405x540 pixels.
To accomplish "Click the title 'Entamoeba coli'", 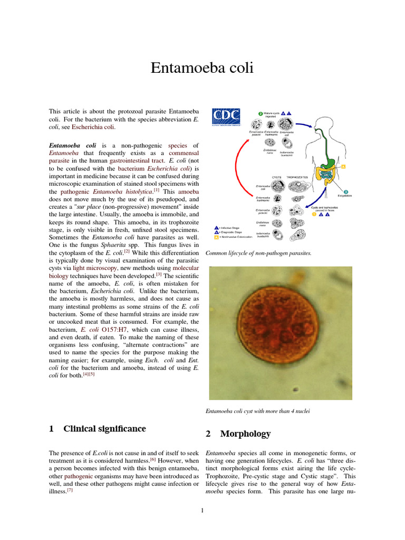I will tap(202, 68).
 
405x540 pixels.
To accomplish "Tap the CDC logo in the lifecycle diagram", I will tap(226, 117).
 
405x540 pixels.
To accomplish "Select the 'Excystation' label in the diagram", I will tap(345, 196).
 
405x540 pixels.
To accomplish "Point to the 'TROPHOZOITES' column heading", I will tap(298, 177).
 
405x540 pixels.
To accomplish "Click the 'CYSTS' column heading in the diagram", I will tap(277, 177).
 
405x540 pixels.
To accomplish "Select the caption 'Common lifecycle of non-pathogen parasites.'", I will tap(258, 253).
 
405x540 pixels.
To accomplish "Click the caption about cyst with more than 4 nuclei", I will tap(257, 411).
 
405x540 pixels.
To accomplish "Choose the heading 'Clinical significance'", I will tap(104, 429).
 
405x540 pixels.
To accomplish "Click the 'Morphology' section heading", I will tap(245, 434).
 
